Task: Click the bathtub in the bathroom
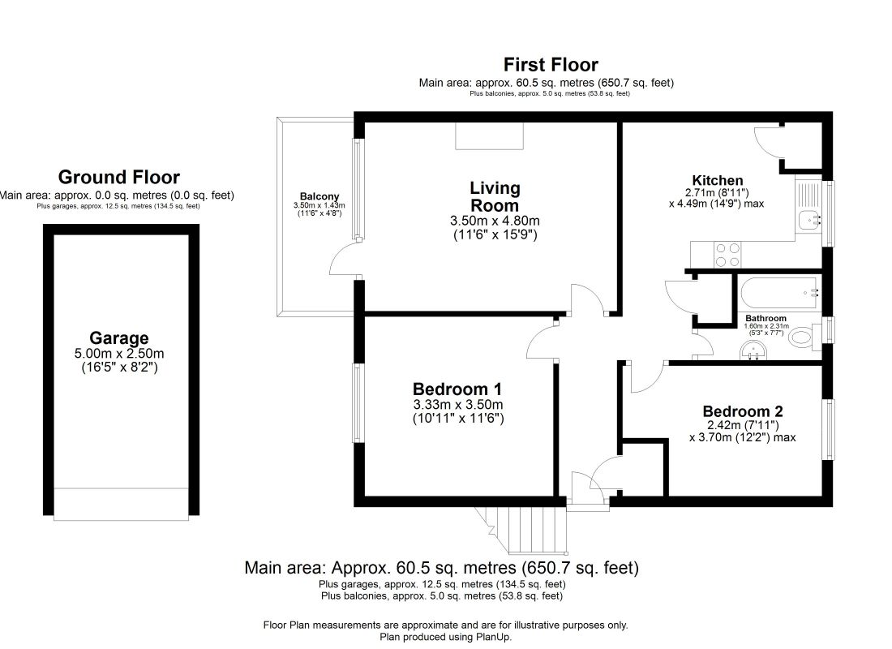point(779,293)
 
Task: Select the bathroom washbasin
point(754,350)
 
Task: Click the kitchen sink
point(809,219)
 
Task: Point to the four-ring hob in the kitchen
point(727,255)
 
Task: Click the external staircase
point(523,530)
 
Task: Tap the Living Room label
point(495,196)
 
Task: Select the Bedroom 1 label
point(457,389)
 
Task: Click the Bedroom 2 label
point(742,411)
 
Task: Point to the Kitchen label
point(718,180)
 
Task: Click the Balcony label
point(319,196)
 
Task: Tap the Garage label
point(119,338)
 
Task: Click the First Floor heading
point(551,64)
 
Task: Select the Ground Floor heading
point(119,177)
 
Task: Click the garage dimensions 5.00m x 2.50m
point(119,354)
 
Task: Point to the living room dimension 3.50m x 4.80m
point(495,221)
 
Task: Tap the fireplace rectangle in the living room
point(489,136)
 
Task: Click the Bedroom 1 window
point(358,403)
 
